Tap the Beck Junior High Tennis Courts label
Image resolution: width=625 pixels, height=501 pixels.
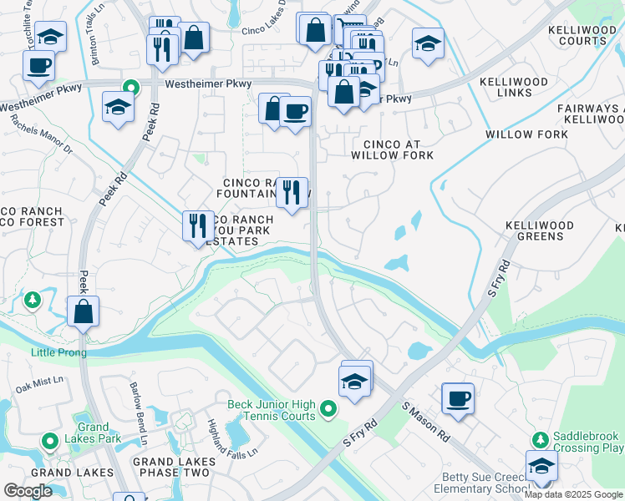272,410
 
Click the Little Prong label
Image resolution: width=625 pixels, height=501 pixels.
58,352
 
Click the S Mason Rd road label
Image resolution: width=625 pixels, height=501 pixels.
425,423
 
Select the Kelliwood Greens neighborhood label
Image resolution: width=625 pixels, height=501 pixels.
540,231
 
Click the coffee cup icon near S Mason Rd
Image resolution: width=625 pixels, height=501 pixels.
457,399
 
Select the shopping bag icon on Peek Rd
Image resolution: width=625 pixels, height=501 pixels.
84,311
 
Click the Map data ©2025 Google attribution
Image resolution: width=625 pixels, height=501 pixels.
573,494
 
